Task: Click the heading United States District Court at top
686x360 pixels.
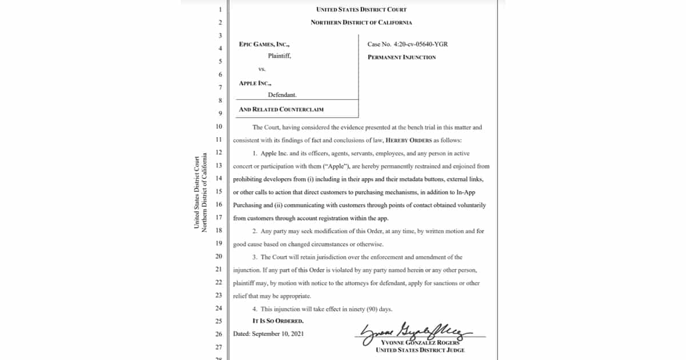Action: point(361,10)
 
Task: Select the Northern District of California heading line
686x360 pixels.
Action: point(361,22)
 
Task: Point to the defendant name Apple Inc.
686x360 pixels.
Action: point(254,83)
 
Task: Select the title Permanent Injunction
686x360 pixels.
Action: point(402,57)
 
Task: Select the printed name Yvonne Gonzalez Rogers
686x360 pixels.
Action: point(420,342)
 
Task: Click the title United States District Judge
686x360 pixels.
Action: point(420,350)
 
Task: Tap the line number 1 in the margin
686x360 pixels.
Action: point(219,10)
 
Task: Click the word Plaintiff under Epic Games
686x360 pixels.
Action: point(280,56)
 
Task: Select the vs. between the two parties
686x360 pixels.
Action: point(262,69)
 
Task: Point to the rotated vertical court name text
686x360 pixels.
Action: point(200,193)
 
